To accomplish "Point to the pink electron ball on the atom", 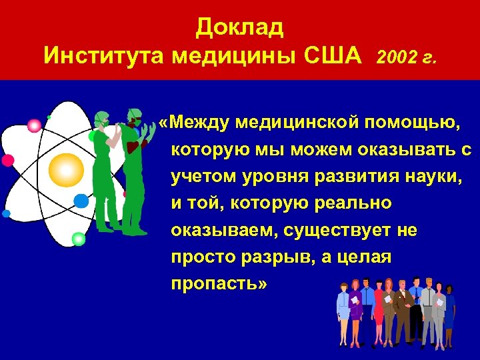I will click(x=34, y=125).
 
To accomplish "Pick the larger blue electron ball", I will click(x=81, y=201).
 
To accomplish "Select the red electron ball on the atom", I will click(x=8, y=160).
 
